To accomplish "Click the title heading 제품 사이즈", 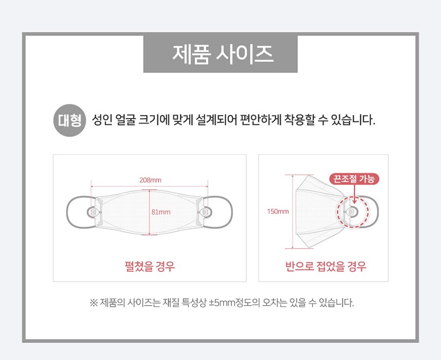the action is pyautogui.click(x=223, y=54).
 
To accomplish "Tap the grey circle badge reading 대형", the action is pyautogui.click(x=70, y=121).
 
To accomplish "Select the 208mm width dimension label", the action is pyautogui.click(x=150, y=180).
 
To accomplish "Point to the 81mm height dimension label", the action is pyautogui.click(x=161, y=212).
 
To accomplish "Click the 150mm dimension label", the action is pyautogui.click(x=278, y=211).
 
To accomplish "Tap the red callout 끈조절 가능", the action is pyautogui.click(x=354, y=179).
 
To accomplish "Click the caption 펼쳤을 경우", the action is pyautogui.click(x=150, y=266).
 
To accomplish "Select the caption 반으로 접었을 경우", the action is pyautogui.click(x=326, y=266).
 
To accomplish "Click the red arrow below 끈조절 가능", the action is pyautogui.click(x=354, y=194).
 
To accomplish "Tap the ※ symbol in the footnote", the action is pyautogui.click(x=93, y=303).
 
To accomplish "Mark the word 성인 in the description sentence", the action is pyautogui.click(x=103, y=120).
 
